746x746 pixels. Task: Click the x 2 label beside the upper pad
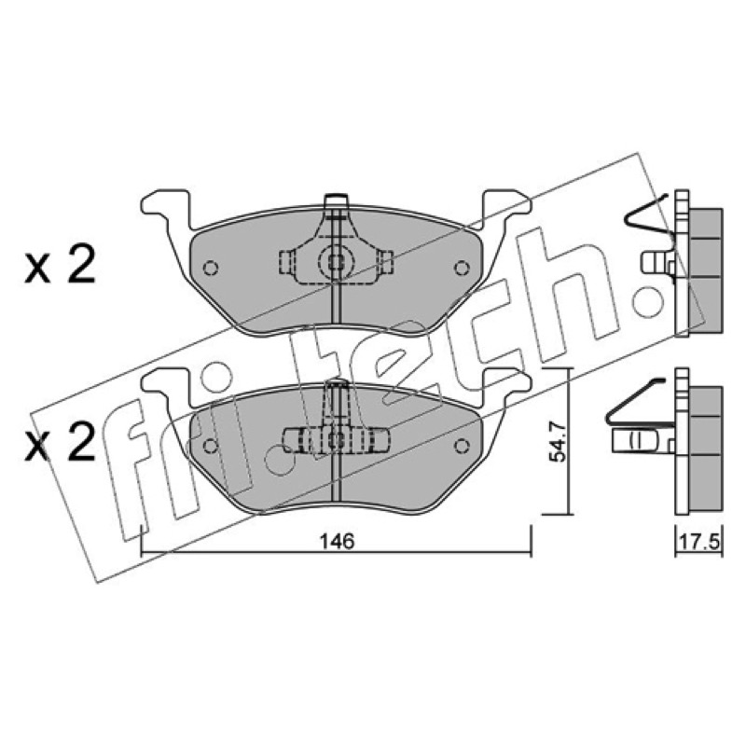(61, 264)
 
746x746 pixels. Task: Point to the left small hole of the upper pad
(211, 269)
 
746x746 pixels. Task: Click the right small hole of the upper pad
(462, 269)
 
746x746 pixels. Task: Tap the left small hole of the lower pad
(211, 446)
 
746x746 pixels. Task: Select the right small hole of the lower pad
(462, 446)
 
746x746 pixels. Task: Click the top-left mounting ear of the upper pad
(166, 208)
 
